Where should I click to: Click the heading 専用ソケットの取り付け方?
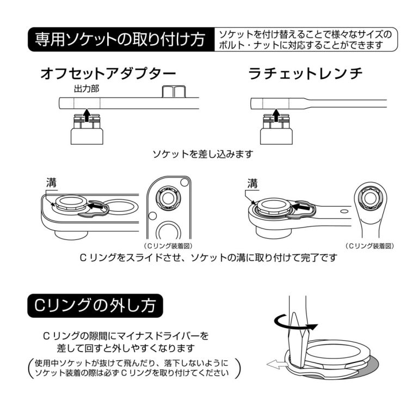click(120, 39)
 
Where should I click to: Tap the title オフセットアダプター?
click(108, 74)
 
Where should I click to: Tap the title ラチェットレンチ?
click(305, 74)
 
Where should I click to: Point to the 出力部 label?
click(87, 88)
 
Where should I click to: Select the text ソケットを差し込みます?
click(203, 154)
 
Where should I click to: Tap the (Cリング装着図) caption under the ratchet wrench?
click(370, 246)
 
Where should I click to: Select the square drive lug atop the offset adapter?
click(174, 91)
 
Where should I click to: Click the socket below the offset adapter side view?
click(87, 131)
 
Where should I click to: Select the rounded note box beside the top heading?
click(305, 40)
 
